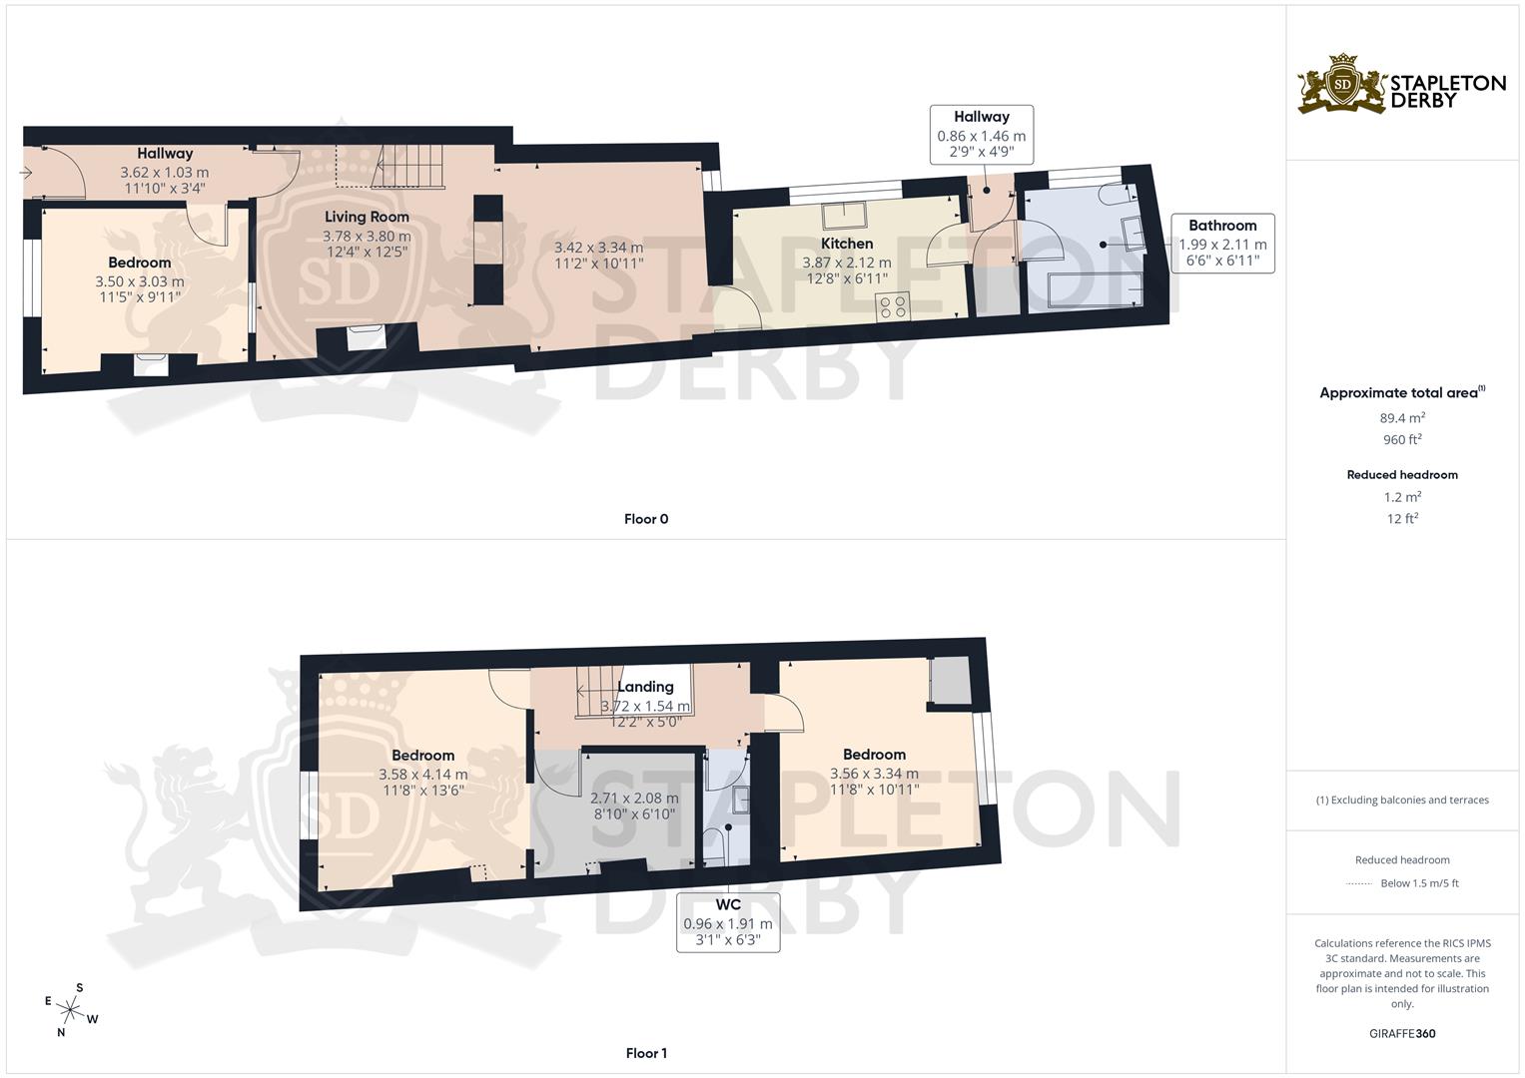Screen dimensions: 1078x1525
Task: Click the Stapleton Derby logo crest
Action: coord(1342,84)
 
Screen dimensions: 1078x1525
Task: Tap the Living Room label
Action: coord(367,217)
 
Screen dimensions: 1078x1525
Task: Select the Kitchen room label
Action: coord(847,244)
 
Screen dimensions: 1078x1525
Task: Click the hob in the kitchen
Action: coord(893,306)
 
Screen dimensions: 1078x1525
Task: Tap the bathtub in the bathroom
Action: coord(1091,289)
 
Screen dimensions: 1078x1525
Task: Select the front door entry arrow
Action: coord(25,173)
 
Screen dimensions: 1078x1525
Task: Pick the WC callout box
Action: coord(728,923)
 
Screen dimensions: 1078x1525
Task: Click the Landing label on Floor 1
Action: coord(645,687)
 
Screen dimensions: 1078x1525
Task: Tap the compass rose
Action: coord(72,1010)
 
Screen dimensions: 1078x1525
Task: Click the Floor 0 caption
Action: coord(646,519)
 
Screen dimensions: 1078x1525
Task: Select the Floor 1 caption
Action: coord(646,1053)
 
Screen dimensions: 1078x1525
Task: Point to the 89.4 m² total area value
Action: coord(1402,418)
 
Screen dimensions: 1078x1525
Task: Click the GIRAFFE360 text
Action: coord(1402,1034)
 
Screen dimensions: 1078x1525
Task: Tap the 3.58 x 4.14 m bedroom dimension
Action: coord(422,774)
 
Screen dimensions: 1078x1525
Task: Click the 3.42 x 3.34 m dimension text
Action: coord(598,248)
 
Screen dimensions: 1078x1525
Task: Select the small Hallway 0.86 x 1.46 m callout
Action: coord(981,135)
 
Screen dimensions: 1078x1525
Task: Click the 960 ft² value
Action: coord(1402,440)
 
